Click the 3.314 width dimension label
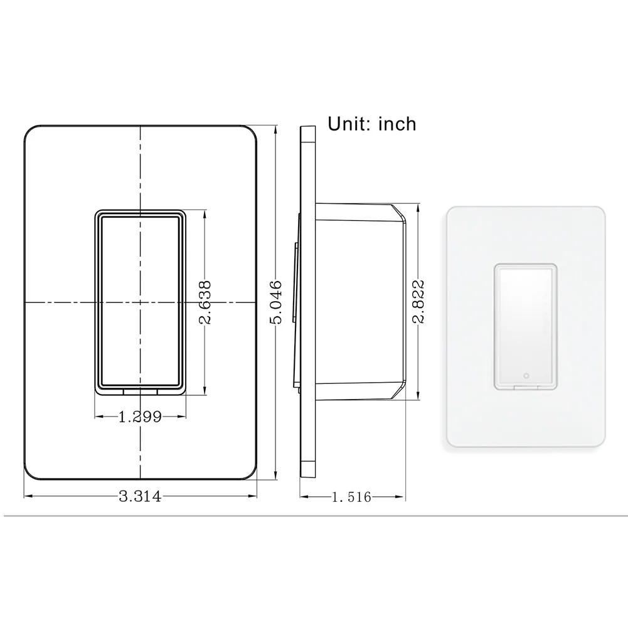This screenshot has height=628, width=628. [140, 497]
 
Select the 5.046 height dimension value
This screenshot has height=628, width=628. [276, 302]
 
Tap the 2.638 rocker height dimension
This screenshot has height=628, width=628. [205, 302]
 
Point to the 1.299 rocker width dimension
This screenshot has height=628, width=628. [140, 416]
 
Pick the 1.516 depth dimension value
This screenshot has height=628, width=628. [351, 498]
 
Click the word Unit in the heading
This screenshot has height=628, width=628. [349, 124]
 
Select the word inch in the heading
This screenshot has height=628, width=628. [397, 124]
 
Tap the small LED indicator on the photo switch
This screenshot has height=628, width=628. [526, 376]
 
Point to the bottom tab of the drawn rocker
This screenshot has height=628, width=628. [140, 391]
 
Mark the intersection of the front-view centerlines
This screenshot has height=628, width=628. [140, 303]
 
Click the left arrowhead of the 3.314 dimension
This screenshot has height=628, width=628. [26, 497]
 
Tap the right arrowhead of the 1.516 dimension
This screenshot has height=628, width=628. [402, 497]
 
